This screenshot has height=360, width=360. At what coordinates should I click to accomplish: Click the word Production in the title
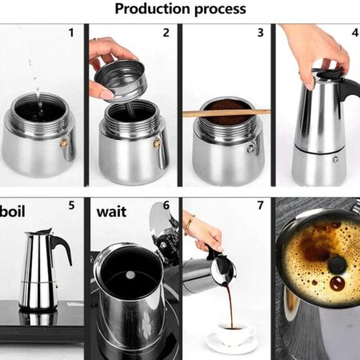(152, 9)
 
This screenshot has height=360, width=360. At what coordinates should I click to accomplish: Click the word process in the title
(220, 10)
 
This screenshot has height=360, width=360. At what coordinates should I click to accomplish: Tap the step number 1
(71, 33)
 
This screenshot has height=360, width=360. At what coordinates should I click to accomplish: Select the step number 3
(261, 33)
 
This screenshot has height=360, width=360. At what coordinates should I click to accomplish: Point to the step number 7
(261, 205)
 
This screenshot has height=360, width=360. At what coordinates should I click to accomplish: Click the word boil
(13, 211)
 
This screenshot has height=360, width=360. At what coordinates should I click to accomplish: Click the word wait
(111, 212)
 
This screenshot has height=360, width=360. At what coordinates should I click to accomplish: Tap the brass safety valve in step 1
(64, 143)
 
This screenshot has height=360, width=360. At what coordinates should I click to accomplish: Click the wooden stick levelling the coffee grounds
(226, 113)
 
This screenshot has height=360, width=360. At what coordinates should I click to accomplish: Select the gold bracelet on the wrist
(190, 225)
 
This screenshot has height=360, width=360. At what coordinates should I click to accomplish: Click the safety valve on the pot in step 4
(335, 159)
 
